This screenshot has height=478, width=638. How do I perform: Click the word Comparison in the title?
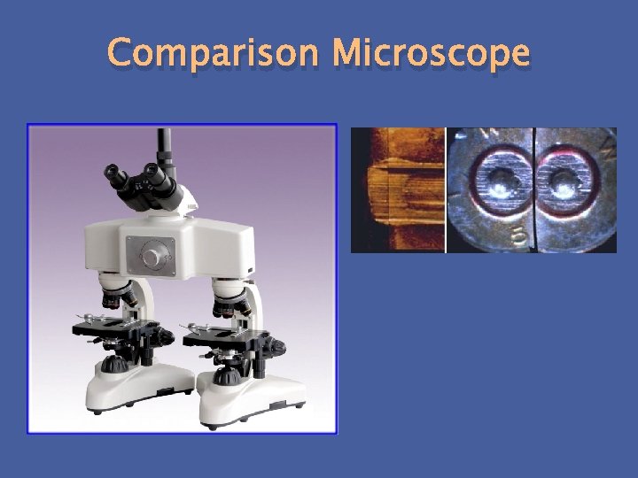click(213, 55)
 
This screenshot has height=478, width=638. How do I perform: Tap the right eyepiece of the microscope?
click(157, 173)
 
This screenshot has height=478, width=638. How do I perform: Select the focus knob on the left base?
click(113, 365)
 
